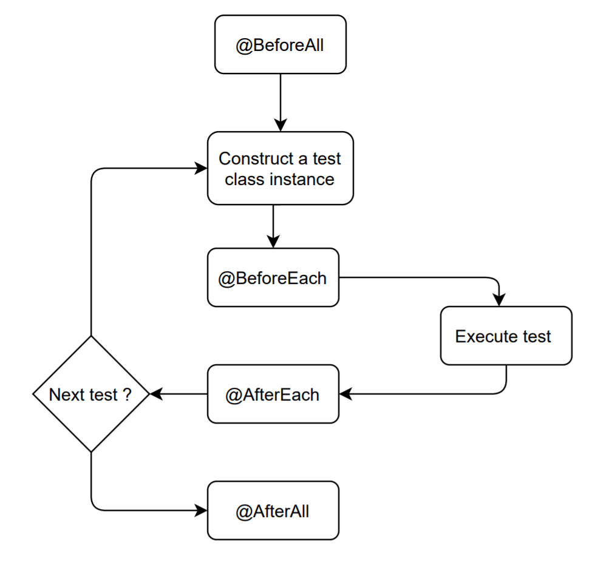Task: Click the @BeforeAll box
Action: click(280, 45)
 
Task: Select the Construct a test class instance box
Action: click(280, 169)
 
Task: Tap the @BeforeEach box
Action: click(273, 278)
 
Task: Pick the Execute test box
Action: click(506, 336)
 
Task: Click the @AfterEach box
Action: click(273, 394)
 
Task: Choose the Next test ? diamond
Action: click(90, 394)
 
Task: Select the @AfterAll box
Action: click(273, 511)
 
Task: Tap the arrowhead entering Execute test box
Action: click(499, 300)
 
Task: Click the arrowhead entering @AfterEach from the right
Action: click(345, 394)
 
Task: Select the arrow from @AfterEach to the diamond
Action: click(178, 394)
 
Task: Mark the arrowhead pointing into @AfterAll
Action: click(201, 511)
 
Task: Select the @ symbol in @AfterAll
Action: click(243, 512)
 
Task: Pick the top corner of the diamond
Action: click(90, 337)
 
